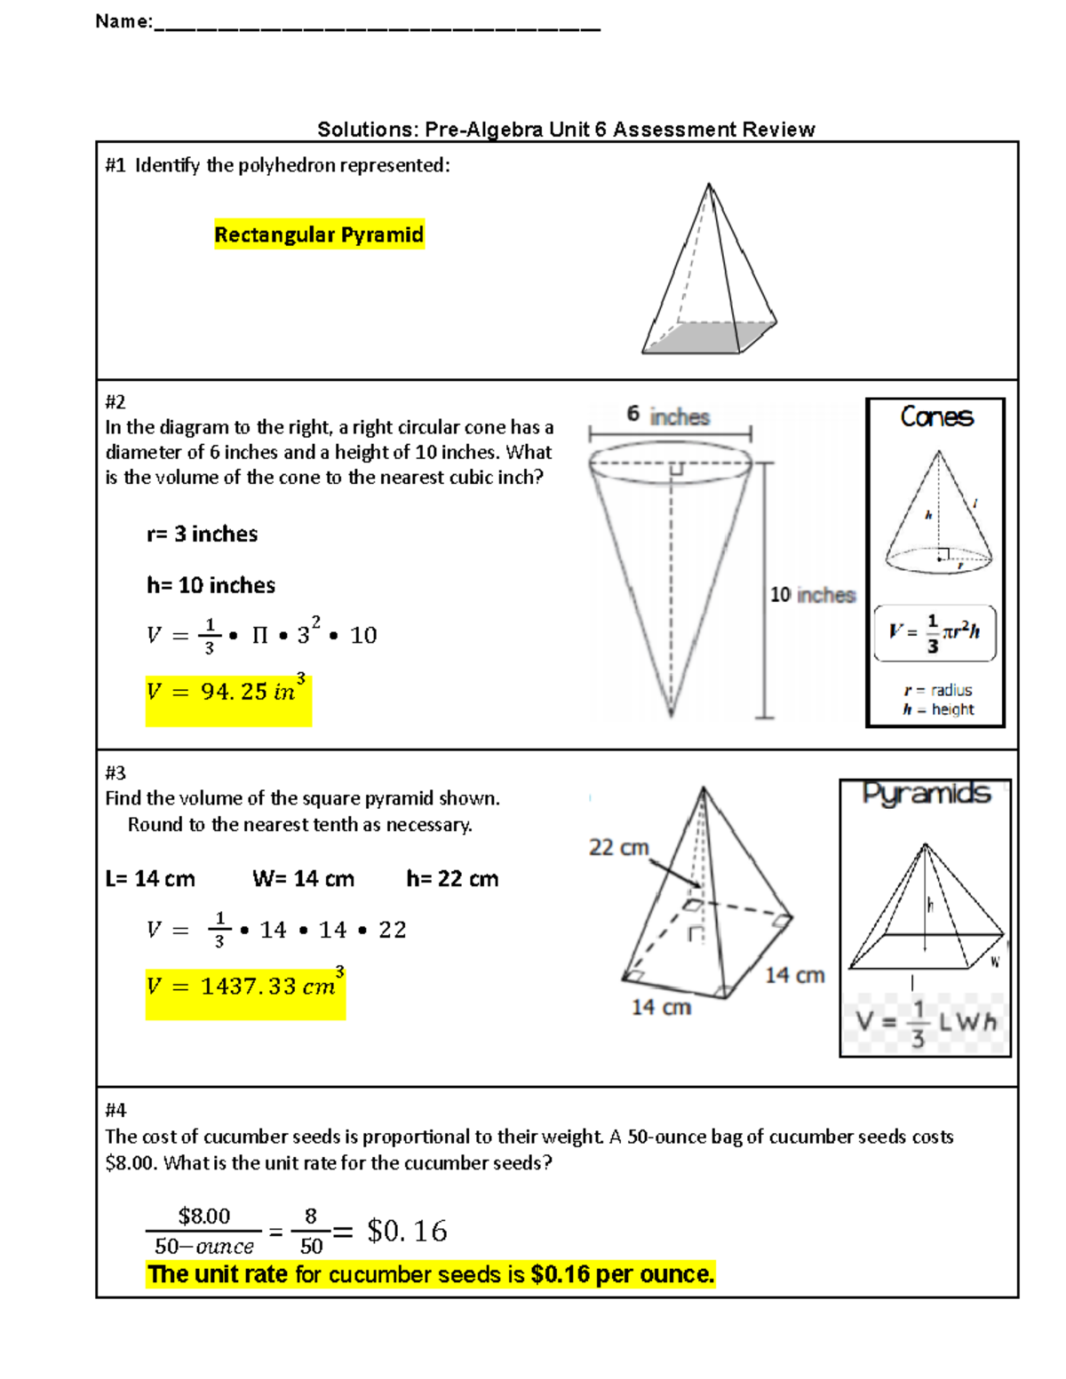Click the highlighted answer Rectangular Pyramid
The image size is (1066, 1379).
coord(319,234)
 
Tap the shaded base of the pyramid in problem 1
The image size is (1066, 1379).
coord(711,337)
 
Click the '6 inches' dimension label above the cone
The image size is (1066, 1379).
coord(668,416)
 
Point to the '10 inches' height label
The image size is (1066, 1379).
coord(812,595)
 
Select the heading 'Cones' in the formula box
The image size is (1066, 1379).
coord(936,416)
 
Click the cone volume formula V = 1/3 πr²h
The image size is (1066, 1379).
coord(935,633)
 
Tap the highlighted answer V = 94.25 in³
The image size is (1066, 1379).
coord(228,691)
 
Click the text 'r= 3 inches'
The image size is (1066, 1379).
coord(202,534)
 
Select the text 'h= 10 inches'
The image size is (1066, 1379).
coord(211,585)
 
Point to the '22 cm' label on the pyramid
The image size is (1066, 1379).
coord(618,847)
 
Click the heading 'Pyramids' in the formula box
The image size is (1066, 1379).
coord(926,793)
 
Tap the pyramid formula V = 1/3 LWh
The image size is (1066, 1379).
coord(926,1023)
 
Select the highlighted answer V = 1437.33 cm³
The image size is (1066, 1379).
coord(245,986)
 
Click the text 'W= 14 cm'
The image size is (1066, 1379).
coord(303,879)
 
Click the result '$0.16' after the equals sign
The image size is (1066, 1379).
coord(407,1231)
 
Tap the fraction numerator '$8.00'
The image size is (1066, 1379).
coord(203,1216)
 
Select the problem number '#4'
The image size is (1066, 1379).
coord(115,1110)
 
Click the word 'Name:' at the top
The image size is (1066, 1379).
coord(123,21)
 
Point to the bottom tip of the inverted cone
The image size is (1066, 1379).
coord(672,713)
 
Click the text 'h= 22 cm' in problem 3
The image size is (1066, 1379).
coord(452,879)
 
